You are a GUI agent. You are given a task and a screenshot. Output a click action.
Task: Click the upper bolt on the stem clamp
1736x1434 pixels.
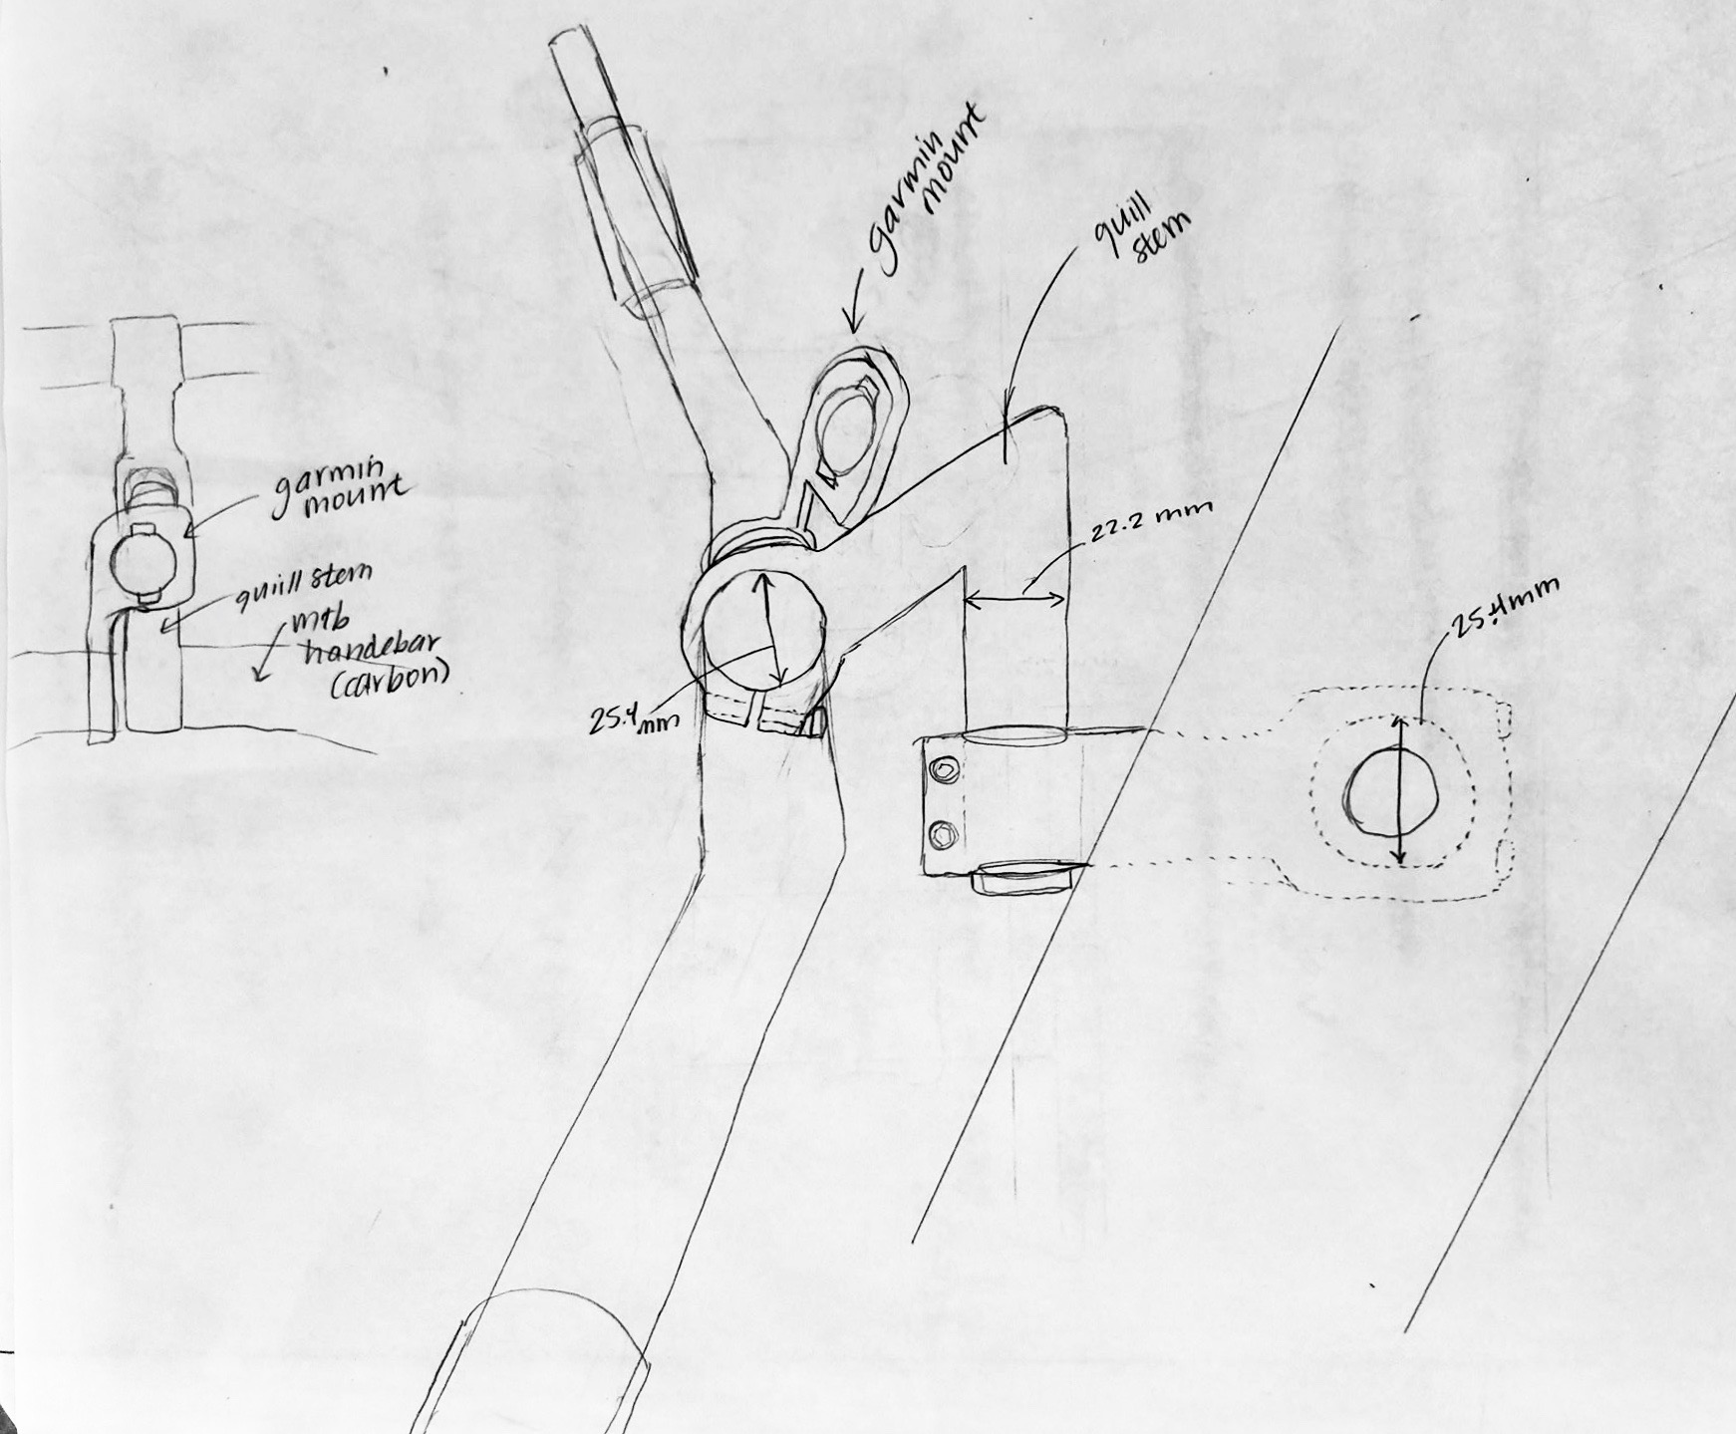940,771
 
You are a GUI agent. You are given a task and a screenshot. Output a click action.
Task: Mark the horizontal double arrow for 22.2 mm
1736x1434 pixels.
1016,599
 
